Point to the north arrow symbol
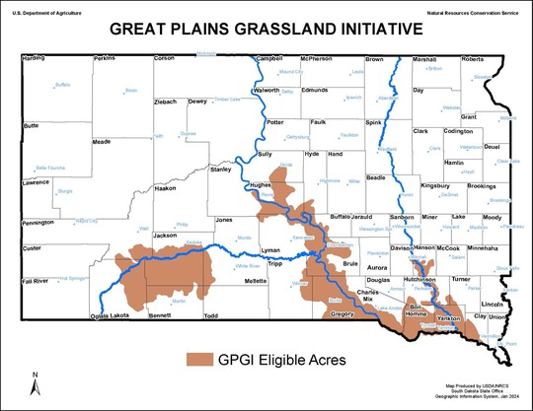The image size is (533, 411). coord(37,382)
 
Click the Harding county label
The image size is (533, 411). coord(34,59)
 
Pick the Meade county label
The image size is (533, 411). coord(101,142)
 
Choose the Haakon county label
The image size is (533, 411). coord(165,187)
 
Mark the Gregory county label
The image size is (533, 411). coord(342,312)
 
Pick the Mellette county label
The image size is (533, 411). coord(256,281)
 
